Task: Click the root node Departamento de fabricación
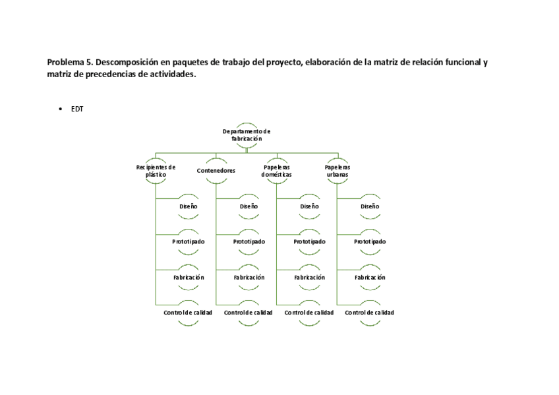(247, 135)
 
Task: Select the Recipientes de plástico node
(156, 170)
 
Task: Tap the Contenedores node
(216, 171)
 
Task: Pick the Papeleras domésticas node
(276, 171)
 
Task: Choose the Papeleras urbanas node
(338, 170)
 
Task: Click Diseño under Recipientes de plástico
(189, 206)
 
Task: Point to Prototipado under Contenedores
(249, 242)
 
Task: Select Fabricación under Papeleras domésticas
(310, 278)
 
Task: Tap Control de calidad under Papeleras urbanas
(370, 313)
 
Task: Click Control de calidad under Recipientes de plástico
(188, 313)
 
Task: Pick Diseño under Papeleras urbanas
(370, 206)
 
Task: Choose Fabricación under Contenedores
(249, 278)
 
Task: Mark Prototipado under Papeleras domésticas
(310, 242)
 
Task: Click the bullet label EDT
(77, 109)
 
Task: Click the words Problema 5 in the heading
(69, 63)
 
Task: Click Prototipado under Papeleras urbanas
(370, 242)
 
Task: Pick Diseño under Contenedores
(249, 206)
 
